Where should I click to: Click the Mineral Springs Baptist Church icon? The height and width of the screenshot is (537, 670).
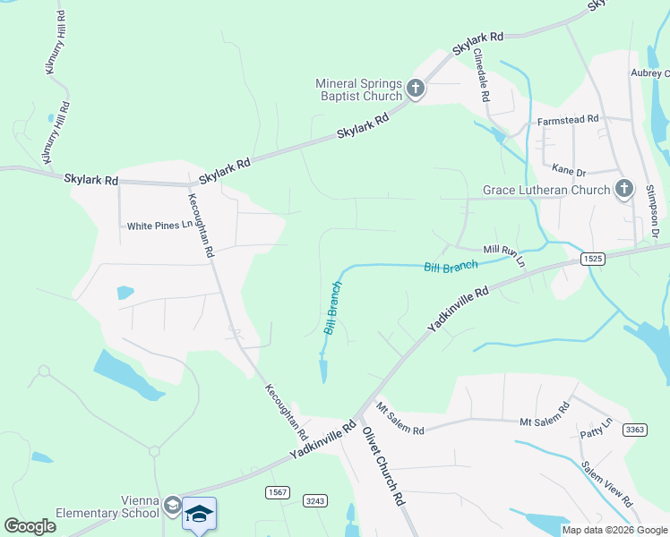415,89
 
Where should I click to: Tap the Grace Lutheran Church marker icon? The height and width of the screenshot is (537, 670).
625,190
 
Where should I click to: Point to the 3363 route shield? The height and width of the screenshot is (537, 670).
635,430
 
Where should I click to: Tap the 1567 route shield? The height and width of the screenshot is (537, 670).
278,492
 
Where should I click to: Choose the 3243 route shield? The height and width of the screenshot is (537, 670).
314,500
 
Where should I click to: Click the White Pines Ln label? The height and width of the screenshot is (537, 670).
159,226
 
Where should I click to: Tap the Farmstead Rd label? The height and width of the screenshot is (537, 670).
568,119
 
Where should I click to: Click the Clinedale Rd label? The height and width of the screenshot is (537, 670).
481,73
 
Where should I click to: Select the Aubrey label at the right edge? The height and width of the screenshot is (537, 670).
649,72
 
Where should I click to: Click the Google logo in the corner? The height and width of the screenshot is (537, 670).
30,526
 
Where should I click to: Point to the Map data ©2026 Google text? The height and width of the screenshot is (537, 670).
614,530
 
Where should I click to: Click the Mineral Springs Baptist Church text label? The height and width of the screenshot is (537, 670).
358,89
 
